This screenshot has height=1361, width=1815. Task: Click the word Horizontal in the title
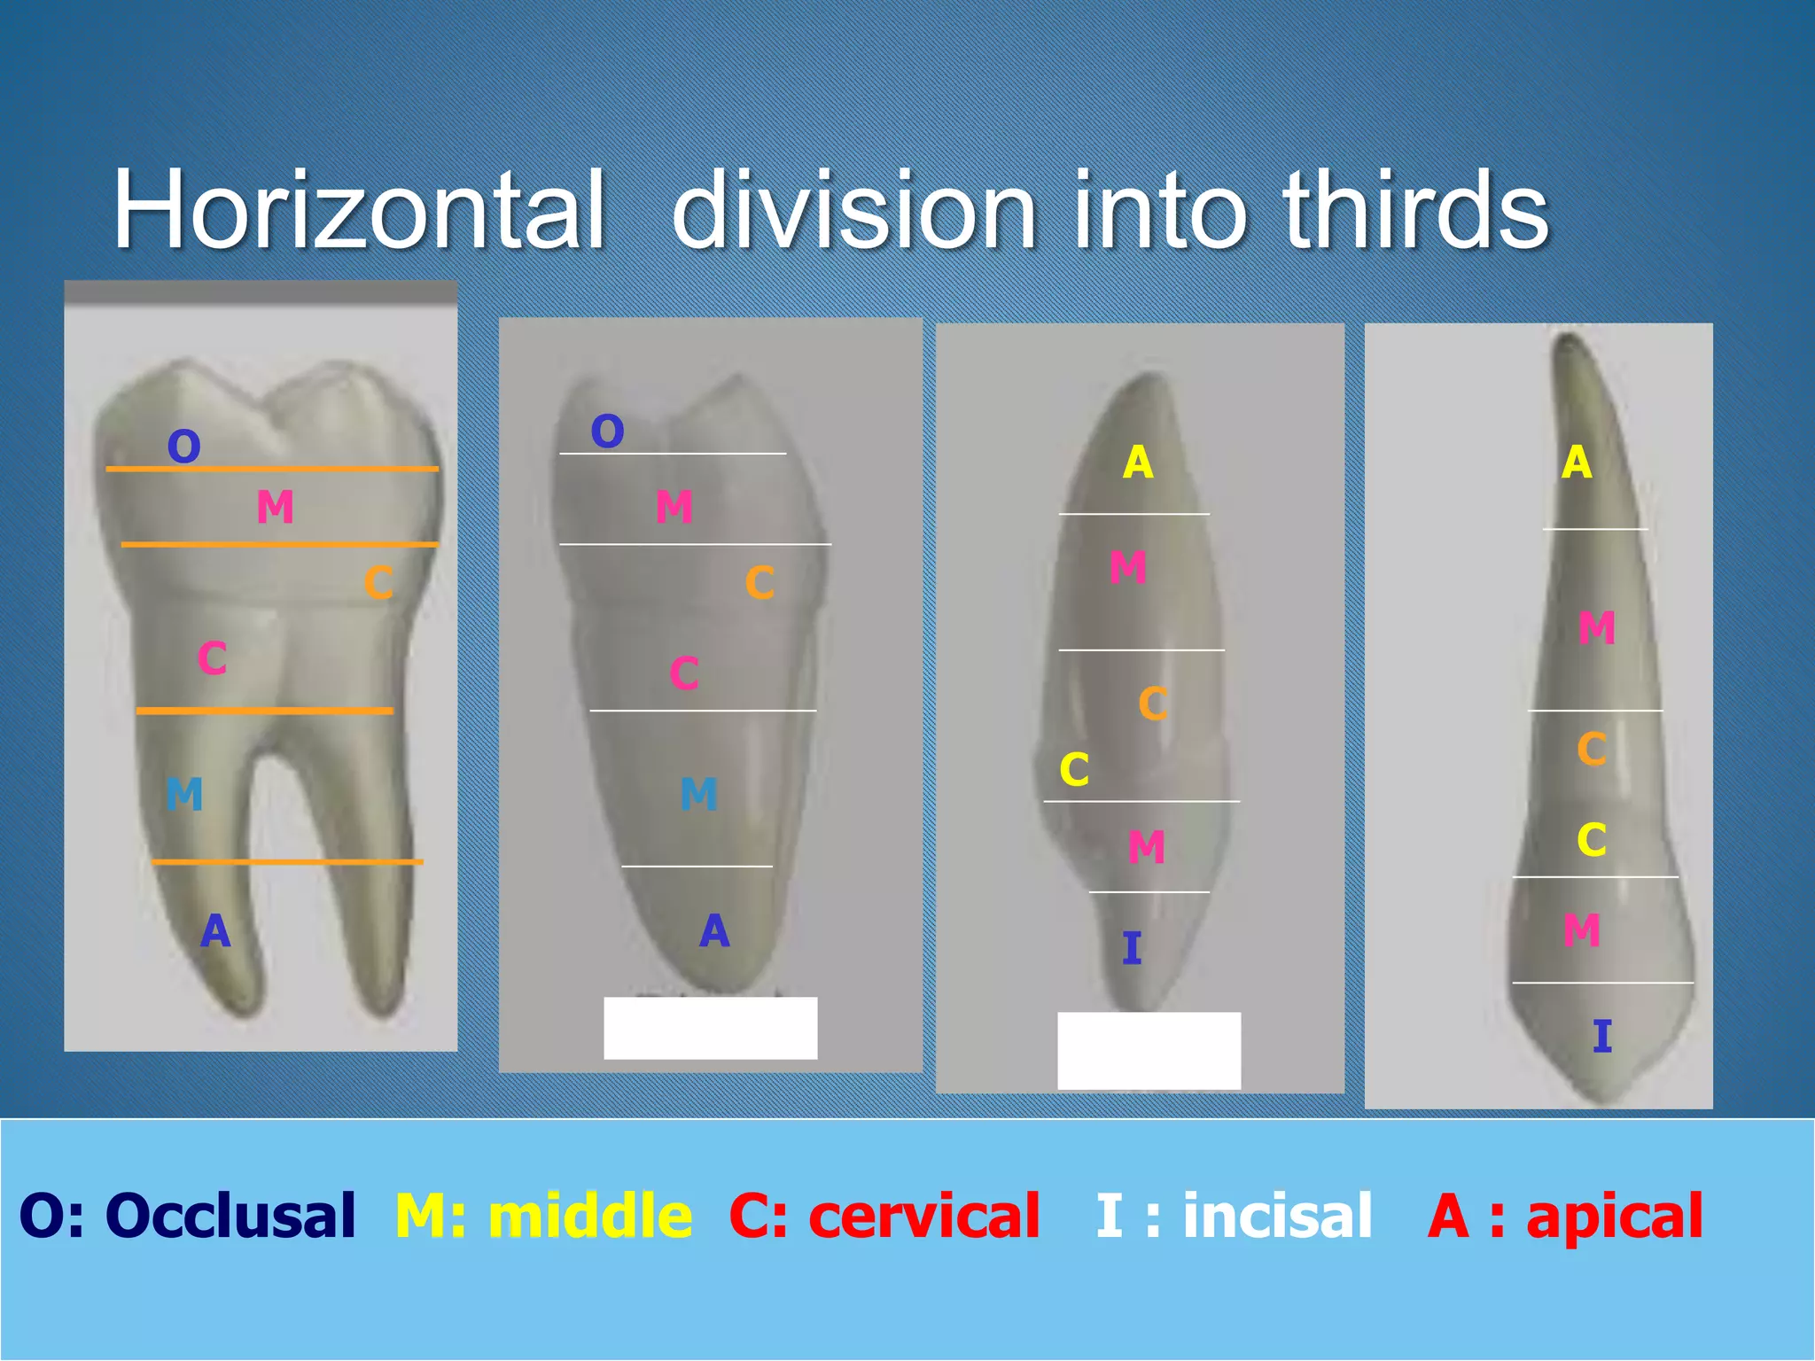(359, 211)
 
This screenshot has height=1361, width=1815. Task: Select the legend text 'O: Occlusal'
(187, 1215)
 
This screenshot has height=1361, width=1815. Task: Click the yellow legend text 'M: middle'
(543, 1215)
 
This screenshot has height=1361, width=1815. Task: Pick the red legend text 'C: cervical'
(884, 1215)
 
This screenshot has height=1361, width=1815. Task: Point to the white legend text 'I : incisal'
(1234, 1215)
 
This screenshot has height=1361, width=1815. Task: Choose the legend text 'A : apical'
(1565, 1215)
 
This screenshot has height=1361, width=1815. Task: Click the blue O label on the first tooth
(183, 447)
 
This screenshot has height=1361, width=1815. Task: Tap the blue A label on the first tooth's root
(215, 931)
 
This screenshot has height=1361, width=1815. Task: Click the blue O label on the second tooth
(607, 432)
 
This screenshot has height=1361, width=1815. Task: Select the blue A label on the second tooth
(714, 931)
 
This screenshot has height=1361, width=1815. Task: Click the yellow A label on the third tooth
(1138, 463)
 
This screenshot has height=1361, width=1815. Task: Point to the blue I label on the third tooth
(1132, 949)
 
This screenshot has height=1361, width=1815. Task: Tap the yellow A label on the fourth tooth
(1577, 463)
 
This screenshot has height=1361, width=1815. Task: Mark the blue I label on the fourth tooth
(1601, 1036)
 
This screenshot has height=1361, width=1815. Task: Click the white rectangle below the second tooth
(710, 1028)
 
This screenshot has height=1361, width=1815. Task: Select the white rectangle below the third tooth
(1149, 1050)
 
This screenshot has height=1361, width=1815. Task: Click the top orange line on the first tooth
(272, 468)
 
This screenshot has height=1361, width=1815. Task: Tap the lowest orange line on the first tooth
(286, 861)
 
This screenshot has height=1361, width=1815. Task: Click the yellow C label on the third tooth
(1074, 769)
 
